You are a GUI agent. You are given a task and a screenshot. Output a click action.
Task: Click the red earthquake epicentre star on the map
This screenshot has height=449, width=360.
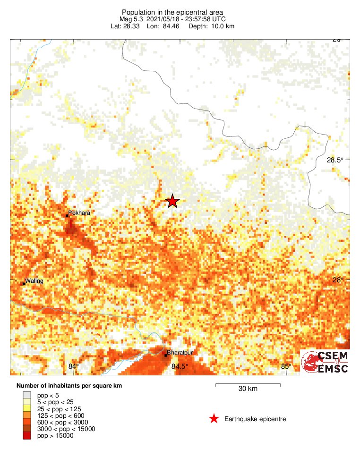(172, 201)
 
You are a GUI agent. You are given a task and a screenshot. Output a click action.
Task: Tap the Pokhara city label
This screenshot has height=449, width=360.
(79, 213)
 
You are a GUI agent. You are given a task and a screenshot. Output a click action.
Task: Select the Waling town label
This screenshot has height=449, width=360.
(34, 281)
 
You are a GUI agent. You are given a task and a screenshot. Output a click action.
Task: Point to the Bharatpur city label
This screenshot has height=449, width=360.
(180, 353)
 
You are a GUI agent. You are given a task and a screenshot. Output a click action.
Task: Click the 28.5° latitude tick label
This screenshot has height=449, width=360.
(335, 160)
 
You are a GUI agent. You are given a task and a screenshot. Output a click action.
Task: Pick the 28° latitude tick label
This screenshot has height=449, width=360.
(338, 280)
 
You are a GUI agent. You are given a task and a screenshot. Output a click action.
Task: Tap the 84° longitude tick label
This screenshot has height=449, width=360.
(73, 366)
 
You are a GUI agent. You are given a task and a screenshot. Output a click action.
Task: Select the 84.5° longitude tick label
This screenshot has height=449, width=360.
(180, 366)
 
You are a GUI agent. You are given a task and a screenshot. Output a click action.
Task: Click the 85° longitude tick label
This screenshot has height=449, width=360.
(285, 366)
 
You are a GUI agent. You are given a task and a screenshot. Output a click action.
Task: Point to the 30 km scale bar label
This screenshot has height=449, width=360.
(248, 389)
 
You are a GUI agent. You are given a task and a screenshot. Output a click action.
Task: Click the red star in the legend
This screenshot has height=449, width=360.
(214, 419)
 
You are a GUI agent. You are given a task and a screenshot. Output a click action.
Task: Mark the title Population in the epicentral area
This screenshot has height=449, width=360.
(172, 12)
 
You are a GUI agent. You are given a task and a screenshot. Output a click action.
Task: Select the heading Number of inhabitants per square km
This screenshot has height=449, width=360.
(69, 386)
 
